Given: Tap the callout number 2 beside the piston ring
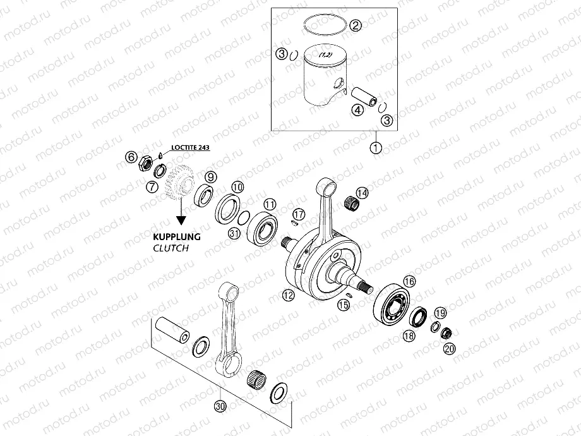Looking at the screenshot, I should point(356,26).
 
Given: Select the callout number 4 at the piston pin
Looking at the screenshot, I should point(357,110).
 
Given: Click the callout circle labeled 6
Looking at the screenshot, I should point(131,155).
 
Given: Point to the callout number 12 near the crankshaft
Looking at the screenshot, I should point(288,295).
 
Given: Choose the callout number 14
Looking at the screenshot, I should point(362,192).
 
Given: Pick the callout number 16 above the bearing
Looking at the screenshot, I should point(409,281).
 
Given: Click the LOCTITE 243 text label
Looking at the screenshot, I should point(187,147).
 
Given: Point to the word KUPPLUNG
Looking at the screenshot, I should point(176,236).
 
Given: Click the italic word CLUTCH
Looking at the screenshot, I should point(171,248).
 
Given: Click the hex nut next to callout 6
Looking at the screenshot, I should point(143,166).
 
